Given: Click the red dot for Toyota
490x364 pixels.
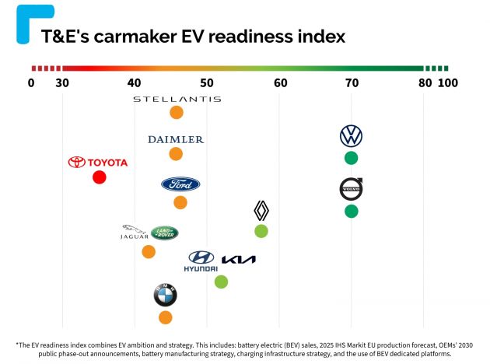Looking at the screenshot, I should coord(99,177).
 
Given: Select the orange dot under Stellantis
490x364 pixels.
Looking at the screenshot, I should coord(177,113).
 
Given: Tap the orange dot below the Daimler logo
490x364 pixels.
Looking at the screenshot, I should coord(176,154).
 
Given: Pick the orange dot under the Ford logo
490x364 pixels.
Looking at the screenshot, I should coord(180,202).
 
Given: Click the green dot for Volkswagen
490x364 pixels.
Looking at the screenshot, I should coord(351,158).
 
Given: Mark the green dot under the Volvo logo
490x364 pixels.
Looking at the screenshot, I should coord(351,211).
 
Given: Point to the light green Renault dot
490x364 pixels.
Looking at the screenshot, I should coord(261,231).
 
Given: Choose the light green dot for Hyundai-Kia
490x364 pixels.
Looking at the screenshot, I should coord(221,282).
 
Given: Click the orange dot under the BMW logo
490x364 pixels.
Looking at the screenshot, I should coord(165,317).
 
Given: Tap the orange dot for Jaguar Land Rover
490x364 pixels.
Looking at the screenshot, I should coord(149,251).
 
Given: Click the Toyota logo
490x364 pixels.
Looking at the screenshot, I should coord(97,163).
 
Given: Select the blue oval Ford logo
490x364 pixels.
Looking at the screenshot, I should coord(180,184).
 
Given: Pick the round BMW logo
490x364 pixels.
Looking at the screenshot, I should coord(165,296).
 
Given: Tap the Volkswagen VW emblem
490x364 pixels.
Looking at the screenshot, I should coord(351,136).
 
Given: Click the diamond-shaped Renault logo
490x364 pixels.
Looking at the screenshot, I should coord(261,211).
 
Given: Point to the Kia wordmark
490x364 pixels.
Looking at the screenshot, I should coord(238,260).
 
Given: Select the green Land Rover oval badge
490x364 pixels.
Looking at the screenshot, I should coord(164,232).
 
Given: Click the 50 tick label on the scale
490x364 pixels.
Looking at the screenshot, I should coord(207,83).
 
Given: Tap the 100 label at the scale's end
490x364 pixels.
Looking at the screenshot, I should coord(448,83).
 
